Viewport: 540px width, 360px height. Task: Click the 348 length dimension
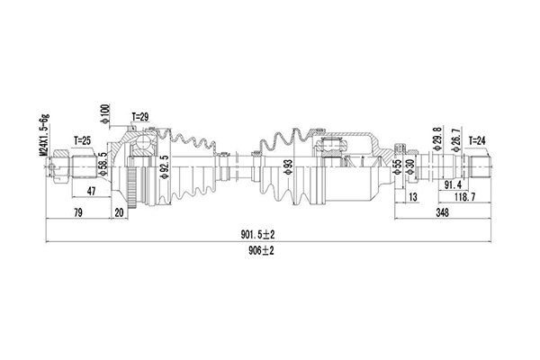point(442,212)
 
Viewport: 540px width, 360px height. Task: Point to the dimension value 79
point(79,212)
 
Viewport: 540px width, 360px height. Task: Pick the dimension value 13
point(413,197)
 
